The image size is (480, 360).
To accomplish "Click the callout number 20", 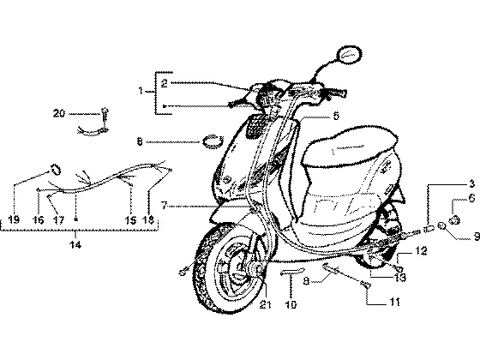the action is coord(59,113).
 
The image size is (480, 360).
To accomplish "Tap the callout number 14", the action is coord(75,244).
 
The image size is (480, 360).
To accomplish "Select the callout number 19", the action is coord(14,219).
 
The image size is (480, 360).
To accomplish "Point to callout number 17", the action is coord(59,219).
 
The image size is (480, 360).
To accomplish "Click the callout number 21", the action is coord(265,304).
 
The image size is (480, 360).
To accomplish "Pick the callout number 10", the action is coord(291,304).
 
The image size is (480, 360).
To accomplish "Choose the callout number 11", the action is coord(395,303).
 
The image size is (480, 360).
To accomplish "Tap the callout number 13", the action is coord(400,278).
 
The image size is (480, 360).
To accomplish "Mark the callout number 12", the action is coord(421,251).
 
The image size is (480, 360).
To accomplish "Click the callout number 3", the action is coord(471,183).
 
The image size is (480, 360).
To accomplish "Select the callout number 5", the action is coord(336,116).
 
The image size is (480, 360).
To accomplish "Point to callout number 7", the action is coord(165,206).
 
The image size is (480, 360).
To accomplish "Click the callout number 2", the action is coord(165,83).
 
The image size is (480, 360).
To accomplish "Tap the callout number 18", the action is coord(148,219).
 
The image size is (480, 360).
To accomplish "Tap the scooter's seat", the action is coord(349,147).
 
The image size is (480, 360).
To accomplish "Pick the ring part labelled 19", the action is coord(56,170).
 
